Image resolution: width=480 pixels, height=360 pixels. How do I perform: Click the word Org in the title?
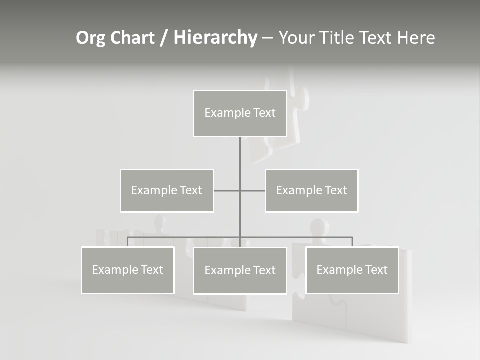coord(91,38)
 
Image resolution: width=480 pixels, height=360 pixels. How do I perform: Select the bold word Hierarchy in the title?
coord(215,38)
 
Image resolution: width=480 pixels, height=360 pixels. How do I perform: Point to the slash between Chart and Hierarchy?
coord(163,38)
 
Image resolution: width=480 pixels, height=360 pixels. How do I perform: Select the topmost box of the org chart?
coord(240,113)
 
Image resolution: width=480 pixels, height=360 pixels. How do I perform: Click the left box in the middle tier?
coord(167,190)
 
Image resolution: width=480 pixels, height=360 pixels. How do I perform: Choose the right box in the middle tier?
coord(311,190)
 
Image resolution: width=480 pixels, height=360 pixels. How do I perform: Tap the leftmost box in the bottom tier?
coord(128,270)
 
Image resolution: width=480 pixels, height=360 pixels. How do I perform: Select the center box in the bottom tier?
coord(240,270)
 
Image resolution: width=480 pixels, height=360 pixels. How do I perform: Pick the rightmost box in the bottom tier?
coord(352,270)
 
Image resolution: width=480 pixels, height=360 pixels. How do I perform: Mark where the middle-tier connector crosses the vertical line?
coord(240,190)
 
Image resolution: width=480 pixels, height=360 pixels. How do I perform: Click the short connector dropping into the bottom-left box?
coord(128,242)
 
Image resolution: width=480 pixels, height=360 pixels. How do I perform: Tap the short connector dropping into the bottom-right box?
coord(352,242)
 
